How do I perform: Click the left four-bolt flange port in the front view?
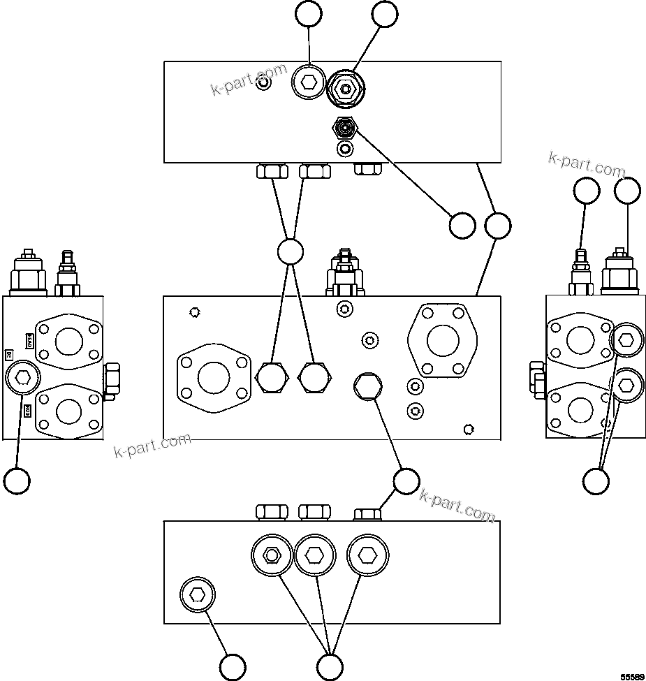(214, 378)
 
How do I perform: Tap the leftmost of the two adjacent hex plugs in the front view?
(272, 378)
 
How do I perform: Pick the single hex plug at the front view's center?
(367, 386)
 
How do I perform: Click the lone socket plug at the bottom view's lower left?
(198, 595)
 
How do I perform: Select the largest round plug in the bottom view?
(367, 555)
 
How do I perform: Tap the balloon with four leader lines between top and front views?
(291, 251)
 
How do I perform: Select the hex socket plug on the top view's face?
(309, 84)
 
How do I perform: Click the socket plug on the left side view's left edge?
(22, 379)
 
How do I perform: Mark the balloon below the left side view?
(17, 481)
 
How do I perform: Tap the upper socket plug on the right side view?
(626, 340)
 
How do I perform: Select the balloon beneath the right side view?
(596, 481)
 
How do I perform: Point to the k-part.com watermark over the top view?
(250, 80)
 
